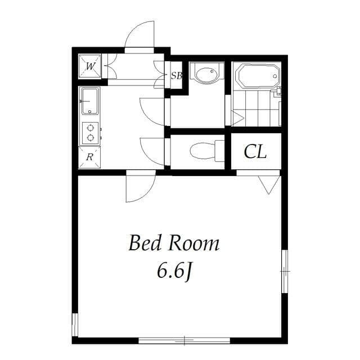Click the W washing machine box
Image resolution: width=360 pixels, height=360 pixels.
[x=90, y=66]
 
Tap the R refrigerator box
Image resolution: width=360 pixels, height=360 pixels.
[x=89, y=157]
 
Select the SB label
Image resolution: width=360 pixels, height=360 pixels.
[x=176, y=75]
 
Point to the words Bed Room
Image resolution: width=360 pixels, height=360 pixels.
[x=173, y=244]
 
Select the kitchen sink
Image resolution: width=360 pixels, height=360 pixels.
[x=90, y=101]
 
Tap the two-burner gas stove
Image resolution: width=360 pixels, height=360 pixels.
[x=90, y=133]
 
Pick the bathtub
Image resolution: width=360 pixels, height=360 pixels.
[x=256, y=76]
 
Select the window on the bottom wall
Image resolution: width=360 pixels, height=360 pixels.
[x=184, y=340]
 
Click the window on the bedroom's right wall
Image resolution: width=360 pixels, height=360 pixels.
[x=285, y=271]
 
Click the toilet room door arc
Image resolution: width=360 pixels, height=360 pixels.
[x=152, y=151]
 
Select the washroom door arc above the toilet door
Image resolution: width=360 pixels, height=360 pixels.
[x=152, y=111]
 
